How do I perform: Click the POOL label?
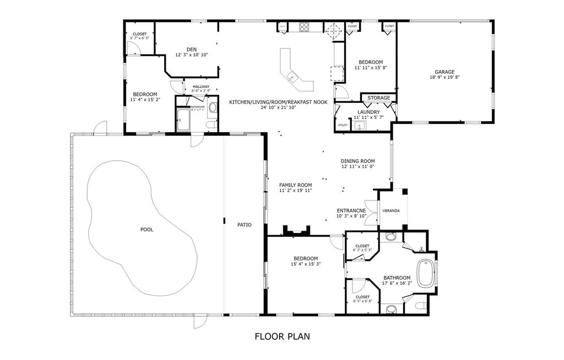point(147,230)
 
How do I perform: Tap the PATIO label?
point(245,225)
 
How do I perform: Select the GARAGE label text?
point(444,72)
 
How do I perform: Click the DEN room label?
point(192,50)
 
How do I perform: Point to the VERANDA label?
point(392,210)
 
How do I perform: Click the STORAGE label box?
point(379,98)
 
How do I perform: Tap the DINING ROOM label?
point(357,161)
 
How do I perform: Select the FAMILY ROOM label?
point(296,185)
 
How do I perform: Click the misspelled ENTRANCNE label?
point(351,210)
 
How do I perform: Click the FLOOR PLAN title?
point(285,336)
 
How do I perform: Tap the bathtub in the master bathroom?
point(425,274)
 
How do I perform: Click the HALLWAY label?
point(200,86)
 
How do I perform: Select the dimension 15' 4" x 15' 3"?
point(305,264)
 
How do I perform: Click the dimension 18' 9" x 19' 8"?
point(444,78)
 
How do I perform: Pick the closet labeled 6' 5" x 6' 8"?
point(362,298)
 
